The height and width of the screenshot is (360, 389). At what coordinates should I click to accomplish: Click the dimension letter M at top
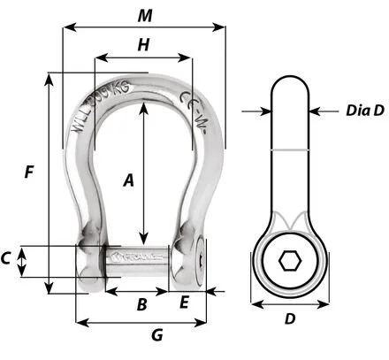tap(143, 15)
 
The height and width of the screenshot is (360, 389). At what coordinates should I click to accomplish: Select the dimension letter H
tap(143, 45)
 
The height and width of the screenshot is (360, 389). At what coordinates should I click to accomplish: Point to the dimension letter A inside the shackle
tap(128, 180)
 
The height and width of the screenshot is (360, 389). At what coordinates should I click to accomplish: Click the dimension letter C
tap(7, 259)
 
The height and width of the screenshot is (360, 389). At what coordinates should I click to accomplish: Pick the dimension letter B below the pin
tap(139, 305)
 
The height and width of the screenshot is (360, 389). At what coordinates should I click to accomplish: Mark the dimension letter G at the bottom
tap(156, 335)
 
